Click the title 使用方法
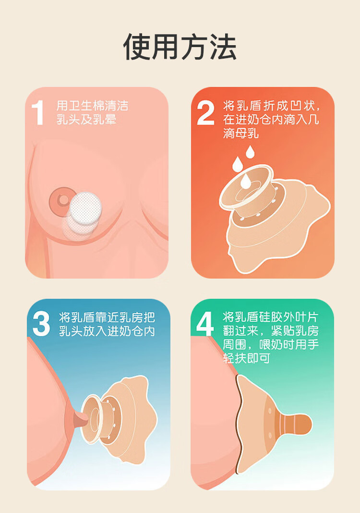180,47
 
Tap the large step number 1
38,113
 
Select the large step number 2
205,113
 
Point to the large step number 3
41,324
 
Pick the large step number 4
205,324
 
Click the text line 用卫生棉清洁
93,106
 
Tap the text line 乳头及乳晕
86,120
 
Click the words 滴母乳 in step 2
241,133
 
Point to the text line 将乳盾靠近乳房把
107,318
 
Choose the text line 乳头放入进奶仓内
107,331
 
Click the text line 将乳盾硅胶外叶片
271,317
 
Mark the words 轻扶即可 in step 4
247,358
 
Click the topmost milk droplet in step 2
250,152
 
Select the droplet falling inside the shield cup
245,181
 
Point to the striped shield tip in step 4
293,424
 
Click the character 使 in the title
137,47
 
